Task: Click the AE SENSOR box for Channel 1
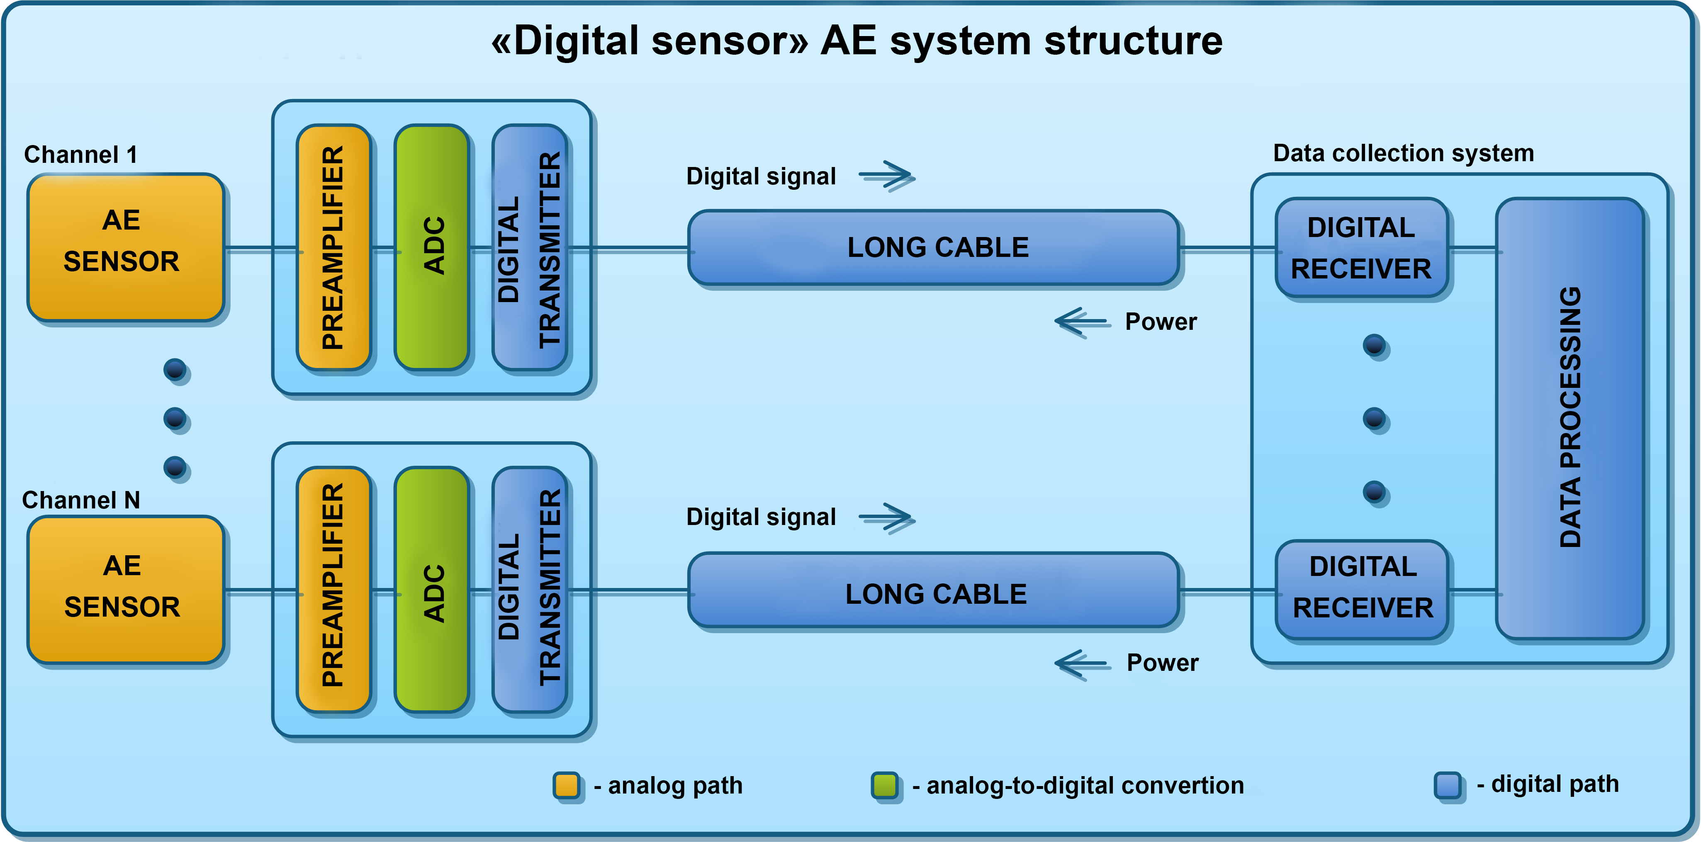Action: coord(125,247)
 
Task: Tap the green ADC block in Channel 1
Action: coord(432,247)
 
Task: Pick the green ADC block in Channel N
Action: coord(432,589)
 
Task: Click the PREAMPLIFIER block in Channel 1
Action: coord(333,247)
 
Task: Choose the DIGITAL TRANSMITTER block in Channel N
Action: coord(530,589)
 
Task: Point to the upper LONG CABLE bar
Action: coord(934,247)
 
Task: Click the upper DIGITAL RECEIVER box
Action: coord(1362,247)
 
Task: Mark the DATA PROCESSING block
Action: coord(1570,419)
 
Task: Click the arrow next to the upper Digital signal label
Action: coord(886,176)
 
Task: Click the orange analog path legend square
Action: coord(567,785)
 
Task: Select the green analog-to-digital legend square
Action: coord(885,785)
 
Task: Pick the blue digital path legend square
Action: coord(1448,785)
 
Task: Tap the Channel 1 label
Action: coord(80,155)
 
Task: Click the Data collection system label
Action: coord(1403,153)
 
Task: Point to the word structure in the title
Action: coord(1133,41)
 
